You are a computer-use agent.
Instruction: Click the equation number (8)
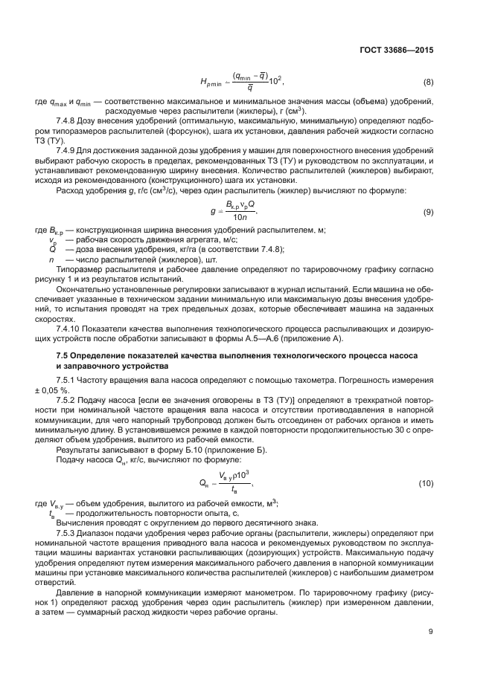coord(427,81)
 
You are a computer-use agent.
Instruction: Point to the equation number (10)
coord(426,484)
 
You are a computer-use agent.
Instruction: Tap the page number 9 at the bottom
coord(430,632)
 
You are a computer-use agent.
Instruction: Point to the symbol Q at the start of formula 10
coord(202,484)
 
